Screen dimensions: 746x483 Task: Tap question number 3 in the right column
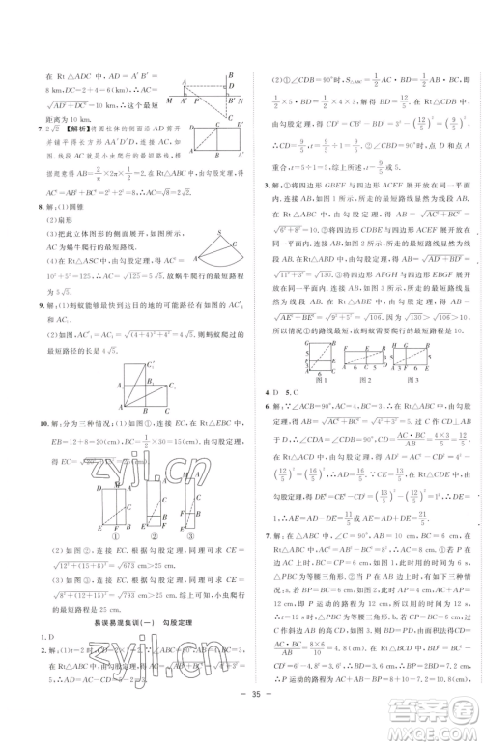(x=253, y=182)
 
